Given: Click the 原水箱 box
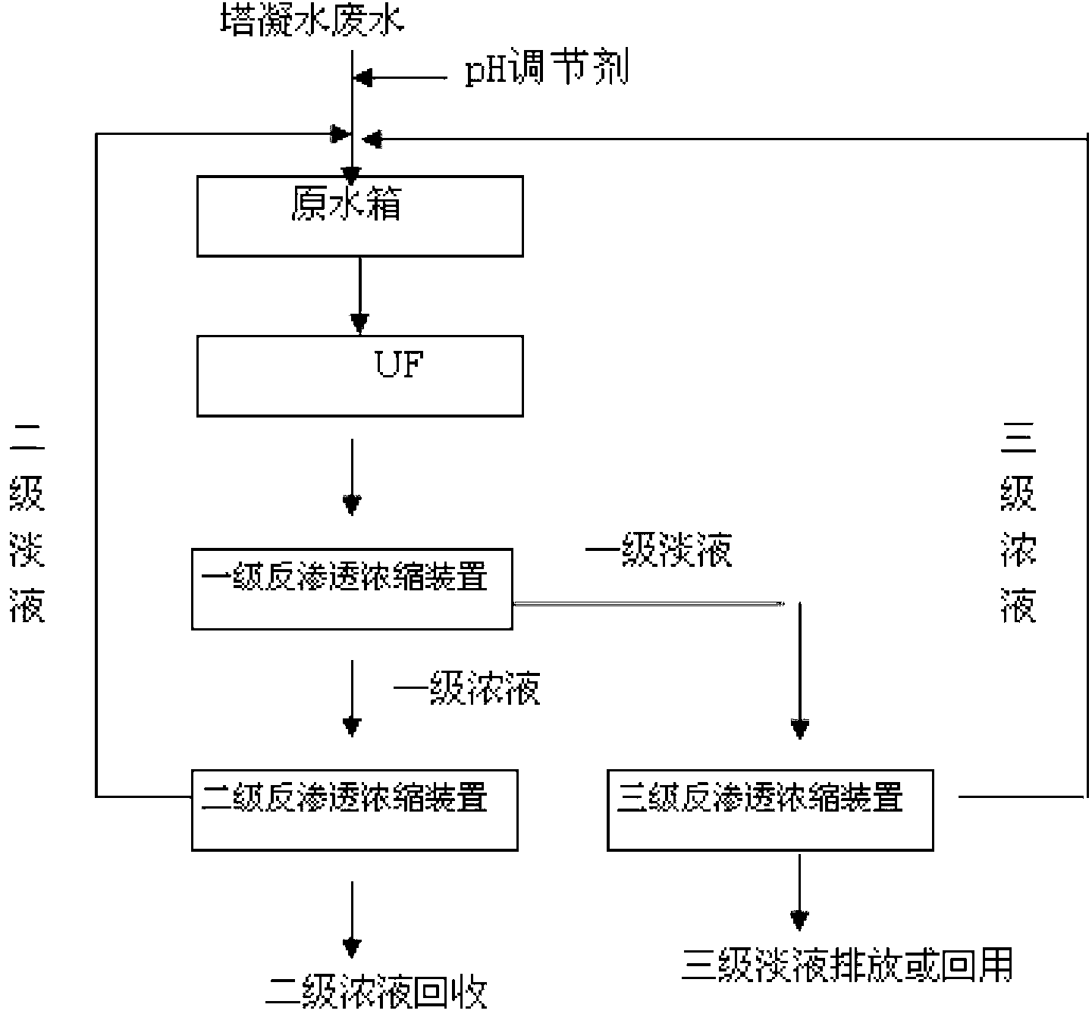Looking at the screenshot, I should point(359,216).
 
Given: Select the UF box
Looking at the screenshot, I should point(359,376).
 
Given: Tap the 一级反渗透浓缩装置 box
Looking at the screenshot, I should point(352,589).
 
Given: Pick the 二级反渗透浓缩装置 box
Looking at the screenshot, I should point(354,809).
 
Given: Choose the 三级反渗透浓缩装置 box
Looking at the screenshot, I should point(770,809).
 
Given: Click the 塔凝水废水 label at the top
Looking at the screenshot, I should point(312,20).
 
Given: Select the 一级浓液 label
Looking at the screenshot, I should point(466,688).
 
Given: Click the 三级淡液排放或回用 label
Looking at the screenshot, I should point(847,965).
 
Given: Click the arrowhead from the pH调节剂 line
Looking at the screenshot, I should point(365,77).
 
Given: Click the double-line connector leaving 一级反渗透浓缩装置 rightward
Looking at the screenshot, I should point(648,604).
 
